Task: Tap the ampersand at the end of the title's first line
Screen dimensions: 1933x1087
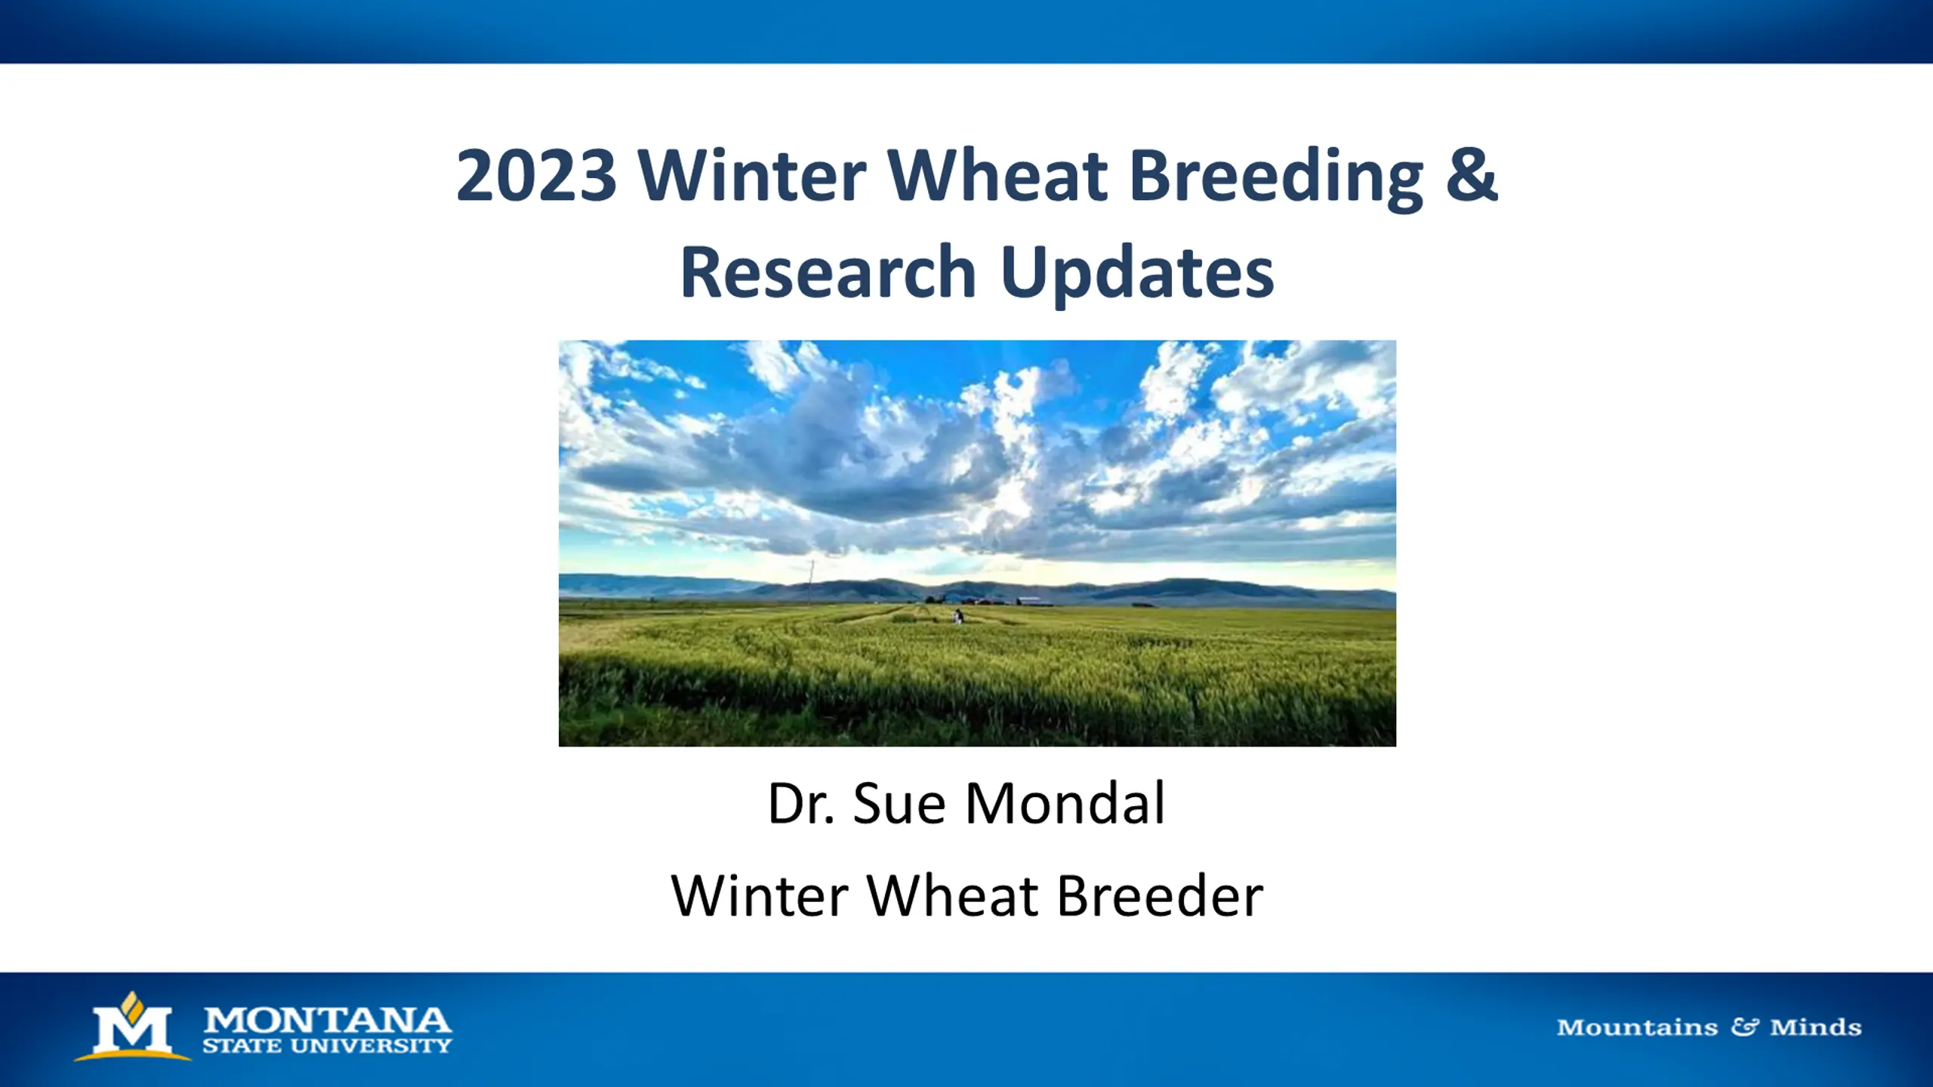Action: pyautogui.click(x=1471, y=174)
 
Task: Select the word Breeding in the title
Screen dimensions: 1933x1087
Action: pyautogui.click(x=1275, y=178)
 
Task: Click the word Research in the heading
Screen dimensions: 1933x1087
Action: pyautogui.click(x=828, y=273)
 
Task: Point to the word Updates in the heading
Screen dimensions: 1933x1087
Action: pyautogui.click(x=1137, y=276)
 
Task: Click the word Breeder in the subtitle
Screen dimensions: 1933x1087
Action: pyautogui.click(x=1160, y=896)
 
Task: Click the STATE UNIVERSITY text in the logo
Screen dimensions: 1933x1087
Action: pyautogui.click(x=327, y=1045)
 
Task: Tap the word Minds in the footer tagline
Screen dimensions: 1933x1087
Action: pyautogui.click(x=1815, y=1027)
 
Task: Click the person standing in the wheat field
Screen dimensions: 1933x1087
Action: pyautogui.click(x=958, y=616)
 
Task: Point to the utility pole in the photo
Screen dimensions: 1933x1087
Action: pyautogui.click(x=812, y=582)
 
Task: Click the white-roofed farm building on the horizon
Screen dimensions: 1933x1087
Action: pyautogui.click(x=1034, y=602)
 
